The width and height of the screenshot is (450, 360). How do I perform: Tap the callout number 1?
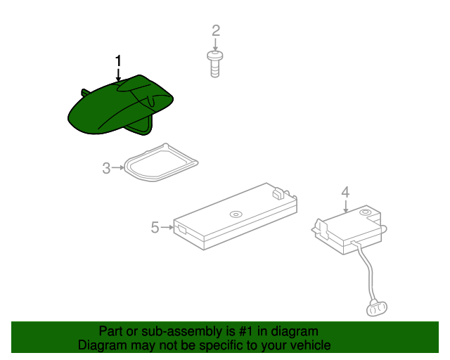(118, 60)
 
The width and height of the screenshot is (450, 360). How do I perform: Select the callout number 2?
(216, 30)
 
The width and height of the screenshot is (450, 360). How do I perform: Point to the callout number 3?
(106, 168)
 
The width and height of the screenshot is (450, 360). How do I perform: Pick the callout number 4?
(345, 191)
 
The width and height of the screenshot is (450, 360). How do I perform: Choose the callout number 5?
(155, 227)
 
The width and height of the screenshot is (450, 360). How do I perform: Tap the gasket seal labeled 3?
(159, 162)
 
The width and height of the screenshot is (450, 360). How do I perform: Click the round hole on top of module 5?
(235, 214)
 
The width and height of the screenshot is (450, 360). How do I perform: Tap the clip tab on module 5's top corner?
(280, 190)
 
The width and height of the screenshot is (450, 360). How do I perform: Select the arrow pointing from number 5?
(168, 227)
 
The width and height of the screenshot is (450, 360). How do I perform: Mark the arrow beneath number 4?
(345, 205)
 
